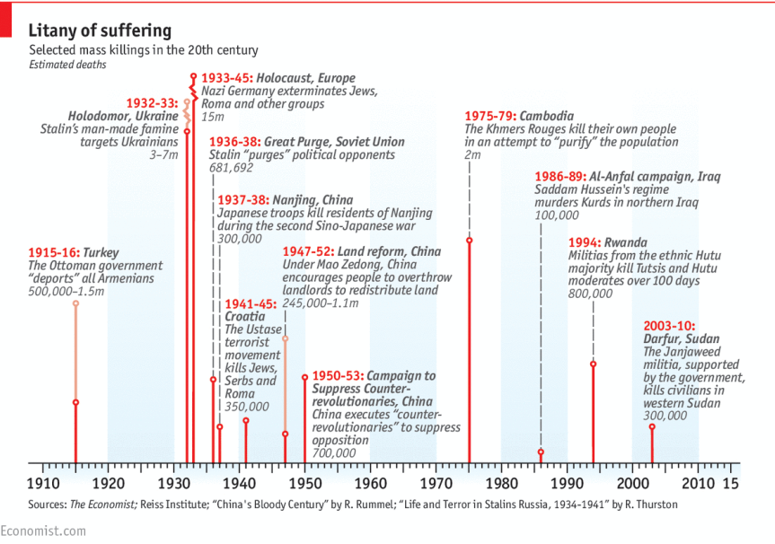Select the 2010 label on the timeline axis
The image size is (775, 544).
tap(698, 482)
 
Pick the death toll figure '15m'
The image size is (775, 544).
tap(213, 118)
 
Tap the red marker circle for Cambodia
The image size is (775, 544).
tap(470, 241)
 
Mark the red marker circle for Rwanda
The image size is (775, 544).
tap(594, 364)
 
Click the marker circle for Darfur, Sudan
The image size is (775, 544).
tap(652, 426)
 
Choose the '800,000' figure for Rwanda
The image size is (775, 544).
tap(590, 294)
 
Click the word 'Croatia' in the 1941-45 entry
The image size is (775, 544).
tap(245, 317)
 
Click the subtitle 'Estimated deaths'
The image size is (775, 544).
tap(66, 65)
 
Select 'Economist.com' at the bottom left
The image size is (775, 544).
tap(43, 531)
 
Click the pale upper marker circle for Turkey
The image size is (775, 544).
tap(75, 303)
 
